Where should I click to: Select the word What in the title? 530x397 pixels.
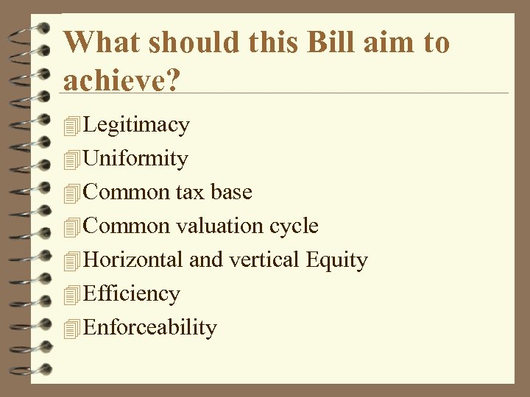tap(102, 42)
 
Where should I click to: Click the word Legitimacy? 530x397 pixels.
tap(137, 125)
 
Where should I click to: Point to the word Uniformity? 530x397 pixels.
tap(136, 158)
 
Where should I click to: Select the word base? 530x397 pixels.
tap(231, 192)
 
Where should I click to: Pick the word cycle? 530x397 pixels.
tap(294, 226)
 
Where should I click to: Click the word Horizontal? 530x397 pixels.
tap(133, 260)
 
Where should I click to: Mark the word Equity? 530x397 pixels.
tap(336, 260)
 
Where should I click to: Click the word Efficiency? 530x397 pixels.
tap(132, 293)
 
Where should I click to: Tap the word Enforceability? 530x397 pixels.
tap(151, 327)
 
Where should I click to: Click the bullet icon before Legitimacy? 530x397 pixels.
tap(71, 126)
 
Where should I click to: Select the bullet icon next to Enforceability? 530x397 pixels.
tap(71, 329)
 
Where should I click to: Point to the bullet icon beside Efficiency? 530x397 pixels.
tap(71, 295)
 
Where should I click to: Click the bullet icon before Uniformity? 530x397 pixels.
tap(71, 160)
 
